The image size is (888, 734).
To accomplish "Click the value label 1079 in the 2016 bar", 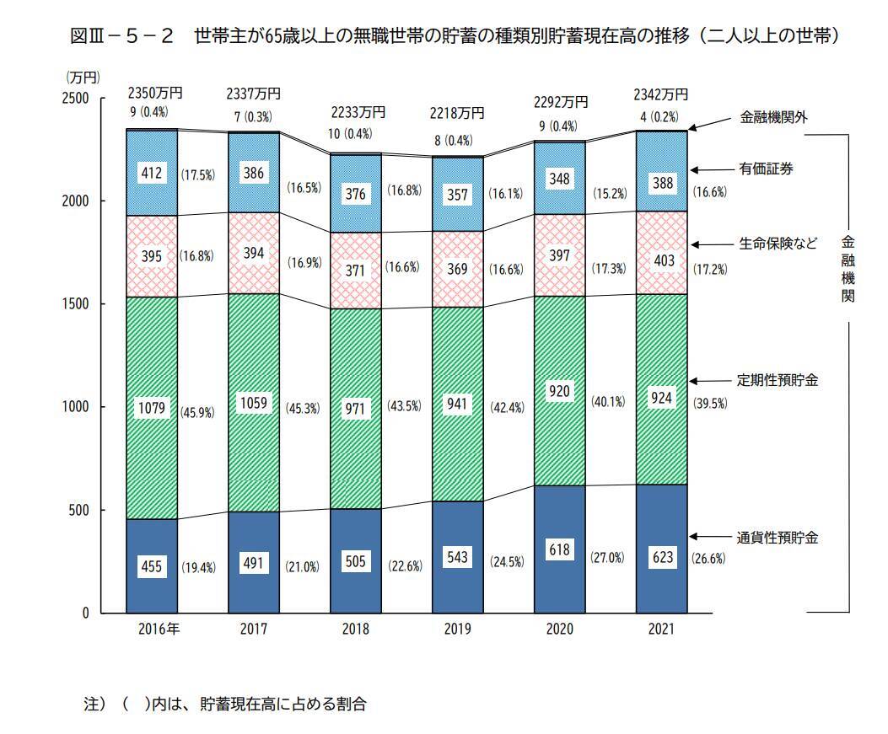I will coord(151,410).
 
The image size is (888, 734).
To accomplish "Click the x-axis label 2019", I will coord(457,630).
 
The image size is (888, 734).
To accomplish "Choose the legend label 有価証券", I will coord(767,169).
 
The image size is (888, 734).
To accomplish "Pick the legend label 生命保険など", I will coord(778,244).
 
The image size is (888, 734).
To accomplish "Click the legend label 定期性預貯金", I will coord(778,380).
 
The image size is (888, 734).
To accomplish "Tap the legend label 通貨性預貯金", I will coord(778,537).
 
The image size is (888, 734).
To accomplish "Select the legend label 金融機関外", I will coord(773,117).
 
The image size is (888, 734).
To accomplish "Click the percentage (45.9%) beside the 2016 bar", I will coord(198,413).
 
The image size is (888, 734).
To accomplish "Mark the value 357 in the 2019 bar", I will coord(457,193).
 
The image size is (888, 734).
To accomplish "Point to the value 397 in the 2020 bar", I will coord(559,254).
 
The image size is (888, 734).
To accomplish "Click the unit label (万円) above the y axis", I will coord(83,77).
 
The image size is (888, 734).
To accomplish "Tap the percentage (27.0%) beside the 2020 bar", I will coord(607,557).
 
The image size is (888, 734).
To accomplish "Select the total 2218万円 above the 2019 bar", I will coord(457,112).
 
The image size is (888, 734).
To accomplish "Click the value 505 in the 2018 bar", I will coord(355,560).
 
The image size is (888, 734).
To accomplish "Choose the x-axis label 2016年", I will coord(152,630).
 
